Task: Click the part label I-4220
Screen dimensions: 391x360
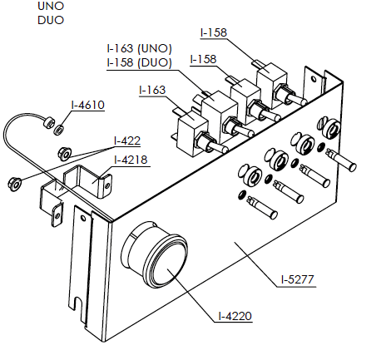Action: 235,316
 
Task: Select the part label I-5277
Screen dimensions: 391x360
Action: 297,279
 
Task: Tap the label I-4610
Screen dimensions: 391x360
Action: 88,105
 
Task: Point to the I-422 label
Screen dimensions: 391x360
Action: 127,141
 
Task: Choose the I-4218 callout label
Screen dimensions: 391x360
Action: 131,160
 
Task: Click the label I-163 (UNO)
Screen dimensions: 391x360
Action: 140,49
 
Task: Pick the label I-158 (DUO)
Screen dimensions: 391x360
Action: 140,62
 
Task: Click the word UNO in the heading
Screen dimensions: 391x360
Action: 51,6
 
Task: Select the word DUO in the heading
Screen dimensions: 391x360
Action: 51,20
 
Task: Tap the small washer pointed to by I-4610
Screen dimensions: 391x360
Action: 59,130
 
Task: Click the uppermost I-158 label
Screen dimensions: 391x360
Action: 214,32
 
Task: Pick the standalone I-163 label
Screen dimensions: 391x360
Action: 152,90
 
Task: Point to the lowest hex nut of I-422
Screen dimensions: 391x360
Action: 14,183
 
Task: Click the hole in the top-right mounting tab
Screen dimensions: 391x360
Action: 314,80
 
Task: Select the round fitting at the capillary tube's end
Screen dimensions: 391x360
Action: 48,122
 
